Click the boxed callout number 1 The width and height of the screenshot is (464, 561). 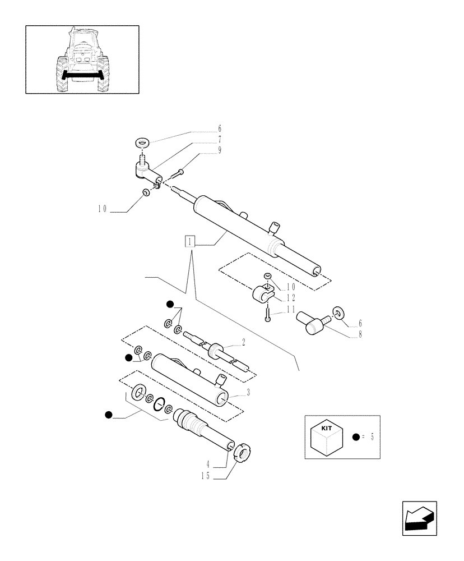pos(191,242)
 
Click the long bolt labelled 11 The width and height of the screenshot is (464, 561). pos(268,310)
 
